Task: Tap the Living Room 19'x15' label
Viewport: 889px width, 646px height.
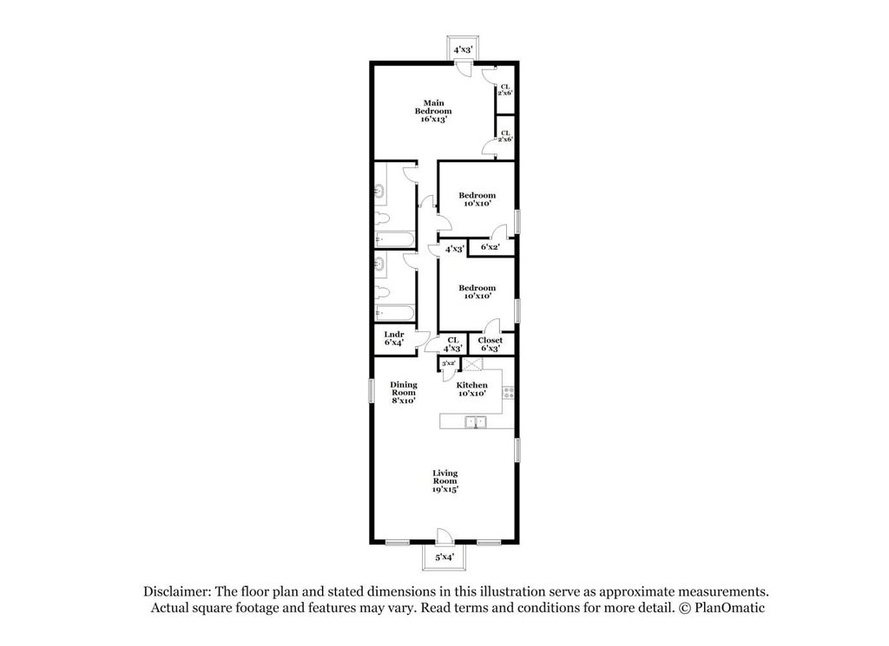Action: click(x=445, y=481)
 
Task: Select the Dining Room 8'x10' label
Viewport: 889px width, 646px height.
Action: click(x=404, y=392)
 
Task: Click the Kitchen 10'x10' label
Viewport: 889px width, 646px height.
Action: click(x=472, y=388)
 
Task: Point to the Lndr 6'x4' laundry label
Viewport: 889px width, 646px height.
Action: click(x=394, y=338)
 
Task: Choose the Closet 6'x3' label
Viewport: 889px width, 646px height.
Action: click(x=491, y=344)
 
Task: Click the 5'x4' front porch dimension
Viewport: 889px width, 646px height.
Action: click(x=444, y=557)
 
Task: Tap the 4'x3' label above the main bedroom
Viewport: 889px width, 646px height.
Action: click(x=464, y=49)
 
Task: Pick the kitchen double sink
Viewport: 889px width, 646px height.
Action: click(x=475, y=422)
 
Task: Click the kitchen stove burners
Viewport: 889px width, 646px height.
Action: click(x=509, y=392)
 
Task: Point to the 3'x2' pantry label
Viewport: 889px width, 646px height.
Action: click(x=449, y=363)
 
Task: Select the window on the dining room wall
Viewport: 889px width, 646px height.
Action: click(x=372, y=392)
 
